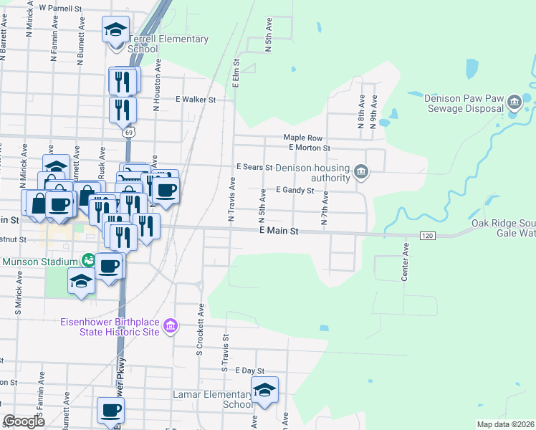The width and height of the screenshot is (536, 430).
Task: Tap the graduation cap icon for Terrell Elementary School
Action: point(115,30)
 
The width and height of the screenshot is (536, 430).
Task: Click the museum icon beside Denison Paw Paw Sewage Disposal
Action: point(514,105)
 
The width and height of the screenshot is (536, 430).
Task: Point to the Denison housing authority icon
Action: point(362,173)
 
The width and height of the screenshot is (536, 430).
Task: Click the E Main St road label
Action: point(278,232)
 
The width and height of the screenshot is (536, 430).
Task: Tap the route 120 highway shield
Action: point(427,235)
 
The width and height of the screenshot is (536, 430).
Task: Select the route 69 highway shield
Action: point(128,133)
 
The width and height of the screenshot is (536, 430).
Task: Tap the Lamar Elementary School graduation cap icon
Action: point(264,391)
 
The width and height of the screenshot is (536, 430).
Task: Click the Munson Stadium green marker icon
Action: point(88,259)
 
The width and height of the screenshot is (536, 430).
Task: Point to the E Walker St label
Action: point(196,100)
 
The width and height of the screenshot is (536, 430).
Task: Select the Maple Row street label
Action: point(303,138)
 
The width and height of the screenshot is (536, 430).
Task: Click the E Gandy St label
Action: point(295,191)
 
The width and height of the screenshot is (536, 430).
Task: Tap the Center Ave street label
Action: point(405,262)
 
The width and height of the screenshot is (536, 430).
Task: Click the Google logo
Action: point(24,421)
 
